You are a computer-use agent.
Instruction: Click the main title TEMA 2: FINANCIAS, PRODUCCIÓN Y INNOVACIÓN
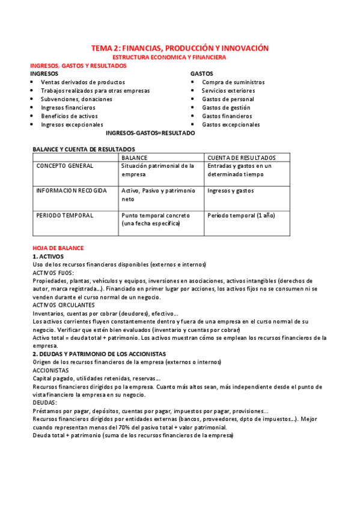point(180,48)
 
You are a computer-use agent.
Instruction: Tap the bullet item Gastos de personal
point(228,99)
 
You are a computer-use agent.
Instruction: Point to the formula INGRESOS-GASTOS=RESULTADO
point(150,133)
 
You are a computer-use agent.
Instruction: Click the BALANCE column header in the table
point(135,158)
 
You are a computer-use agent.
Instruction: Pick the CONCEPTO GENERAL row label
point(65,165)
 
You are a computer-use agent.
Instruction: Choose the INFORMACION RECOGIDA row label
point(72,191)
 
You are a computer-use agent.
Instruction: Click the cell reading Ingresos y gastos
point(231,191)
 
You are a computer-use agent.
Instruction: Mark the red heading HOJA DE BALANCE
point(58,248)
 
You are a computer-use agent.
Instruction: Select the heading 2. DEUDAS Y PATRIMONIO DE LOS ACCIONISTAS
point(99,354)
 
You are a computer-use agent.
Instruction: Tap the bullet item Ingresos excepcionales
point(72,124)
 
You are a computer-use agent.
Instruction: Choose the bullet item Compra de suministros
point(233,82)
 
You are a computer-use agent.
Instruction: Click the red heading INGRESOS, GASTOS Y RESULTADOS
point(79,66)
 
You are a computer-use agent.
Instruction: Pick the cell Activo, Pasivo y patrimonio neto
point(158,194)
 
